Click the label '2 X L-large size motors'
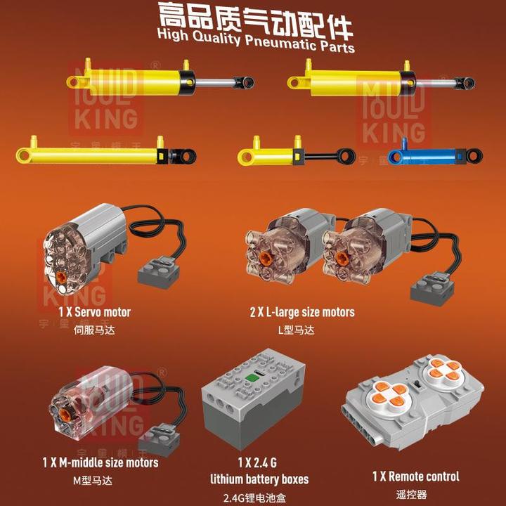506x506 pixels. click(302, 312)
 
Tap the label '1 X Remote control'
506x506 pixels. click(415, 476)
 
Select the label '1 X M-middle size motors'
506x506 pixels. click(100, 462)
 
